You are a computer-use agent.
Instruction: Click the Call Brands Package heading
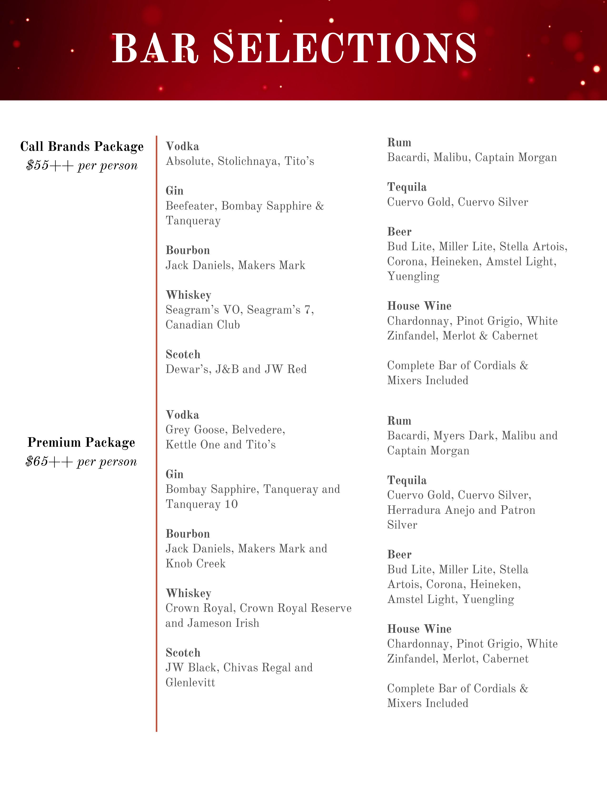click(82, 147)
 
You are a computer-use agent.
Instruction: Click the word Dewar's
click(188, 369)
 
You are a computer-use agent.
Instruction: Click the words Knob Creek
click(195, 564)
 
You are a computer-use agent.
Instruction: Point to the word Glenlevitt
click(190, 682)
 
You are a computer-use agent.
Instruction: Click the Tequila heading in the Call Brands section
click(407, 187)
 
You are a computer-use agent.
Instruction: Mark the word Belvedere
click(258, 430)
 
